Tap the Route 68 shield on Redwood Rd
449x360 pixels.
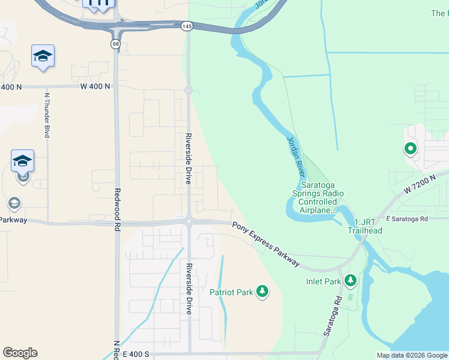coord(115,44)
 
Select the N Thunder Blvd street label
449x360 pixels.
coord(47,114)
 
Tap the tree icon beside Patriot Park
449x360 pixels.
coord(262,292)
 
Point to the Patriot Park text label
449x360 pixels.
coord(231,293)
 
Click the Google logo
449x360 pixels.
coord(20,353)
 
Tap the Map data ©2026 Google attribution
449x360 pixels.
coord(412,355)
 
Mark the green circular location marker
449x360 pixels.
coord(411,148)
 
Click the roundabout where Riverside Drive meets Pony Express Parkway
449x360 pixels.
coord(188,221)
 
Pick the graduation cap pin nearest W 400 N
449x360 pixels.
coord(43,56)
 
